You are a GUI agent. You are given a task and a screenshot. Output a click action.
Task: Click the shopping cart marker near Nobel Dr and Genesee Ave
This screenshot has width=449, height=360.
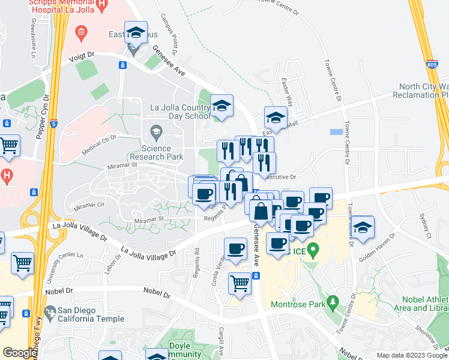[x=240, y=283]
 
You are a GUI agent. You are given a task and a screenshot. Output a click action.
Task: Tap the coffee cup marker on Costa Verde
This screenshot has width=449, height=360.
[x=235, y=248]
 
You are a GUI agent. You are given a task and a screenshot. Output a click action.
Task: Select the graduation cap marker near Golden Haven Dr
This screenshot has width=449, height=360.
[x=363, y=227]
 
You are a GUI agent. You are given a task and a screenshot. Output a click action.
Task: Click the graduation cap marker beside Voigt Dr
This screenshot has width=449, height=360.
[x=136, y=33]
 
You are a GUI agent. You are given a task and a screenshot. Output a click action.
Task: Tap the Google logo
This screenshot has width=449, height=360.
[x=20, y=353]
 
